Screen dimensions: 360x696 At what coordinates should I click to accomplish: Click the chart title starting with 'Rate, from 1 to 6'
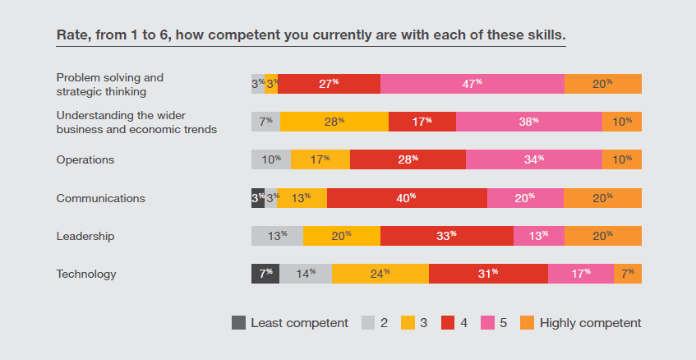click(311, 35)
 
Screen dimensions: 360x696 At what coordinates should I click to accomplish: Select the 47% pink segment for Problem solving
click(472, 84)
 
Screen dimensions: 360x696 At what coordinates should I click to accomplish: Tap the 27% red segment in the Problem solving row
click(329, 84)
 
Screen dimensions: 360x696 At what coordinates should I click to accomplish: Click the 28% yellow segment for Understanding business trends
click(334, 122)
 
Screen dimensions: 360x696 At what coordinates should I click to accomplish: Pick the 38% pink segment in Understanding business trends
click(528, 122)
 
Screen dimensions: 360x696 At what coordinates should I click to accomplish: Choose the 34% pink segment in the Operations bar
click(533, 159)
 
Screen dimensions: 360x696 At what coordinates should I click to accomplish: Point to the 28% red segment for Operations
click(408, 159)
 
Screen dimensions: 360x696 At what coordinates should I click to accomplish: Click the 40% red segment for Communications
click(407, 198)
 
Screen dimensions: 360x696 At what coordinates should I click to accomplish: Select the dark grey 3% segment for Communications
click(257, 198)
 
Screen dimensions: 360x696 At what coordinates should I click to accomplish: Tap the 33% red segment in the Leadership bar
click(446, 236)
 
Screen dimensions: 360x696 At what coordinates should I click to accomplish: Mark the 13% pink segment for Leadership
click(538, 236)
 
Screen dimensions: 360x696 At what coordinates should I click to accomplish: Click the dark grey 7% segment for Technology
click(265, 274)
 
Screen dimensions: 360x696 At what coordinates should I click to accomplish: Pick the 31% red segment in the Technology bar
click(488, 274)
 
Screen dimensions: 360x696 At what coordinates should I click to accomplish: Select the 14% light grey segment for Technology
click(305, 274)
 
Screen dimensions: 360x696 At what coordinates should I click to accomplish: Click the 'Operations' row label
click(85, 159)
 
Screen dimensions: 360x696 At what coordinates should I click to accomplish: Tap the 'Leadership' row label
click(85, 236)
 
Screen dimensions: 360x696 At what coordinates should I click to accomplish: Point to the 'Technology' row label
click(85, 274)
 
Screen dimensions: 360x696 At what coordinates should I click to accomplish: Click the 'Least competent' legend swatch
click(238, 323)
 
